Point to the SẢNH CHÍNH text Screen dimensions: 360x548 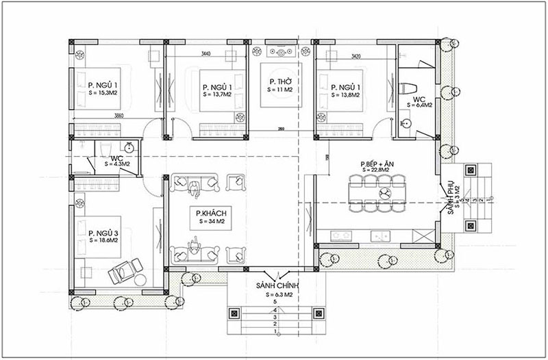274,284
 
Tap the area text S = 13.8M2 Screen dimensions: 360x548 346,96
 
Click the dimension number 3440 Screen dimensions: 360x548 206,53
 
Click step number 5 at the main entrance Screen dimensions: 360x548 274,301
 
